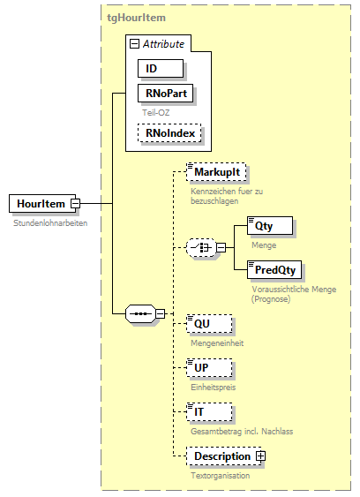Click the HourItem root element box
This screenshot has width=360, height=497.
tap(41, 204)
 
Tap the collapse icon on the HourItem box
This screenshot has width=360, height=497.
tap(76, 204)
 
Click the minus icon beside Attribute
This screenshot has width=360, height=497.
tap(134, 43)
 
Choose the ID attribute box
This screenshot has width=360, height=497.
tap(160, 68)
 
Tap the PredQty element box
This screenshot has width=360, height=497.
tap(274, 268)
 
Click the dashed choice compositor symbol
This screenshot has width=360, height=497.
tap(204, 248)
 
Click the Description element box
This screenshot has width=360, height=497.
tap(221, 456)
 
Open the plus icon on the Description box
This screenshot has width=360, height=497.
tap(261, 456)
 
